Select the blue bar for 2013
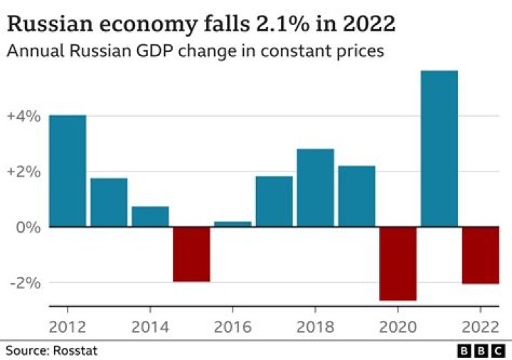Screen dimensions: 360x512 coord(109,202)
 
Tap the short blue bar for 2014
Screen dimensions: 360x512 coord(150,216)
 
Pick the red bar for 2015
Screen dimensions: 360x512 coord(191,254)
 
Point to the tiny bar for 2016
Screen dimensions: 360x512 coord(233,224)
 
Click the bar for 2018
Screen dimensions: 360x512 coord(315,188)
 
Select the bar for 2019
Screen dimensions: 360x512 coord(356,196)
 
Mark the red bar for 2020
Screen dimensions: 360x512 coord(398,263)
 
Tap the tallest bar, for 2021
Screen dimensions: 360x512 coord(439,149)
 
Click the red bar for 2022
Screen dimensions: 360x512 coord(480,255)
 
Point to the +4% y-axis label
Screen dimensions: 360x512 coord(23,115)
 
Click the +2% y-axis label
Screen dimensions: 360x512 coord(23,171)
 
